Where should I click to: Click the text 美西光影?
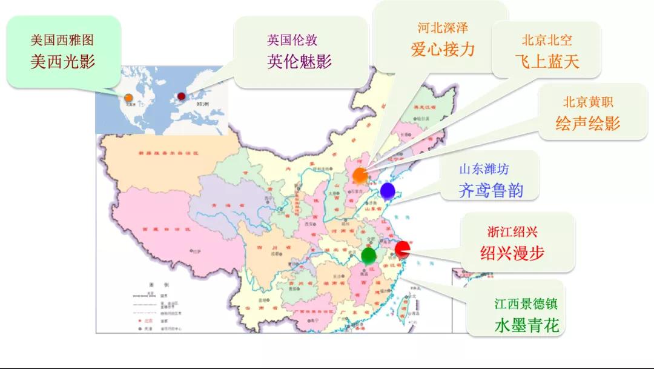tap(63, 62)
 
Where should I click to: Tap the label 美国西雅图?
tap(62, 41)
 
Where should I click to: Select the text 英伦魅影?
tap(300, 62)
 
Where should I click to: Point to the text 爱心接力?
tap(443, 49)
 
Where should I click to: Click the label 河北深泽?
tap(443, 28)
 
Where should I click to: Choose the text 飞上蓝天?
tap(547, 61)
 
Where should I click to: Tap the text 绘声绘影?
tap(588, 123)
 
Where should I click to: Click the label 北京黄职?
tap(588, 102)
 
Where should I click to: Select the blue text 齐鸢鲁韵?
tap(490, 191)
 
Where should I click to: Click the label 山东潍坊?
tap(484, 170)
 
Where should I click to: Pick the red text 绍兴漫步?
tap(512, 253)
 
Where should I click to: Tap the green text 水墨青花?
tap(527, 326)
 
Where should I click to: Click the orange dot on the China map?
tap(360, 175)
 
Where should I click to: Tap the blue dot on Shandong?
tap(388, 191)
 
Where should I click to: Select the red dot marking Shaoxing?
tap(402, 248)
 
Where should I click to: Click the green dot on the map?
tap(368, 255)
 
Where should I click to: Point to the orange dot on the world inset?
tap(128, 98)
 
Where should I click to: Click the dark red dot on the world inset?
tap(181, 96)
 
